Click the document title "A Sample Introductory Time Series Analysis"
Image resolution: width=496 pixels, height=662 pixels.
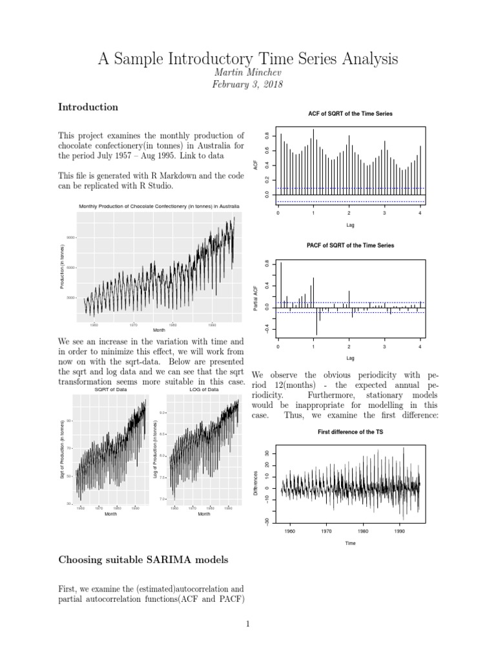[x=248, y=59]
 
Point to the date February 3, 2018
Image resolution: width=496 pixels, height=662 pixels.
[x=248, y=85]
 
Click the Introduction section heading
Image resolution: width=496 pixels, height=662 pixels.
[x=88, y=107]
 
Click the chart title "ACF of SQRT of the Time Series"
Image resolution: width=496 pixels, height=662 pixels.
[x=350, y=114]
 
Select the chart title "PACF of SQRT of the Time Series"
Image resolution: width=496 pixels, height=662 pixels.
[x=350, y=246]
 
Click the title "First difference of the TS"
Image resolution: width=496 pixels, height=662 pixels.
[x=350, y=432]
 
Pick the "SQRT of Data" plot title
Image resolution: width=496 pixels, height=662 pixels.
[x=110, y=390]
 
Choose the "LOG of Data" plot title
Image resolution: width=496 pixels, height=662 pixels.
[x=203, y=390]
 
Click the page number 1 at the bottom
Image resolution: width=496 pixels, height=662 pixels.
[x=248, y=624]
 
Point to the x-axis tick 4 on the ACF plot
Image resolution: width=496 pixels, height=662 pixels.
[x=420, y=213]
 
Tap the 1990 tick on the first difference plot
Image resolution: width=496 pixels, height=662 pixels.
[x=400, y=531]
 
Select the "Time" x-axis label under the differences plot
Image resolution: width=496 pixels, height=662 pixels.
[x=350, y=543]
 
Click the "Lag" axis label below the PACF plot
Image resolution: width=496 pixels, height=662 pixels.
[x=350, y=358]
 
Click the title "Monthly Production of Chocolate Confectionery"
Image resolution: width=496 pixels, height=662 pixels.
[x=159, y=206]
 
